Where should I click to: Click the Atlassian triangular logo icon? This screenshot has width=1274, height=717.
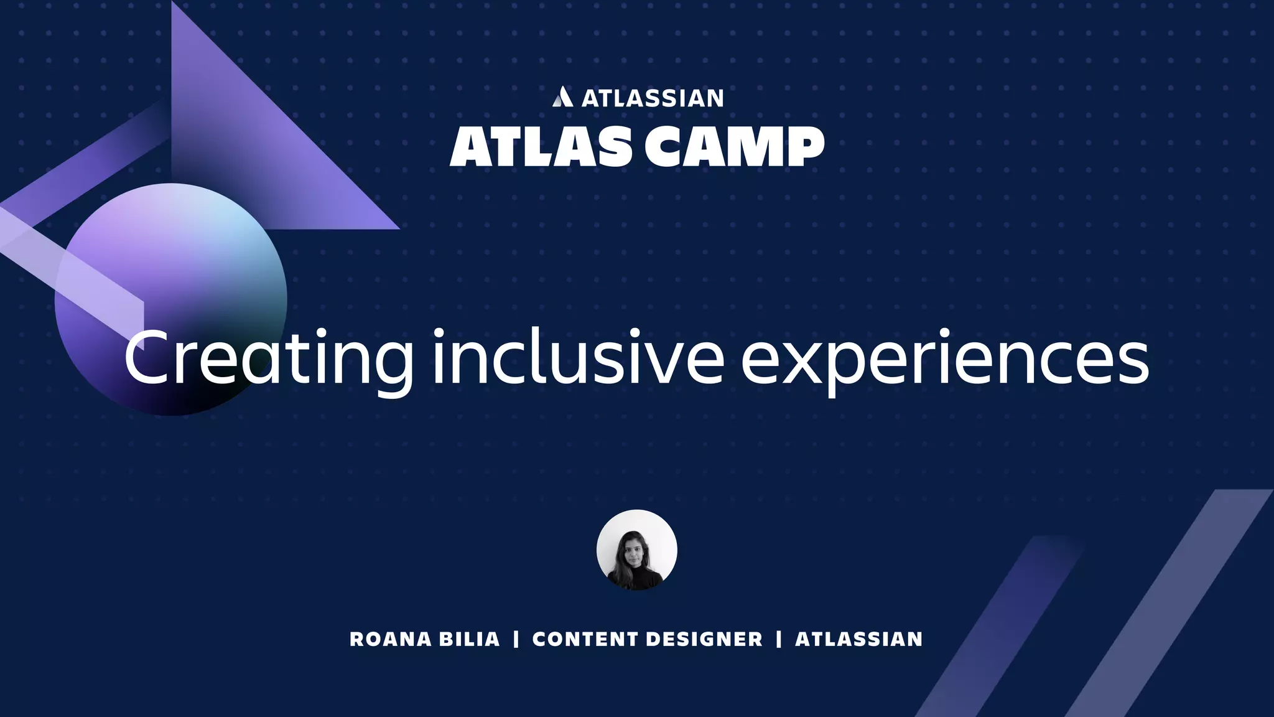(x=562, y=97)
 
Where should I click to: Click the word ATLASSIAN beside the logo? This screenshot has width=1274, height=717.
(x=652, y=98)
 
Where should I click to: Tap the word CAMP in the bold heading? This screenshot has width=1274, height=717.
(x=734, y=147)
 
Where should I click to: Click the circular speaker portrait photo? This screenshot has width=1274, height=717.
(x=636, y=550)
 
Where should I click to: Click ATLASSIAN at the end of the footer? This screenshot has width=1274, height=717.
(x=859, y=639)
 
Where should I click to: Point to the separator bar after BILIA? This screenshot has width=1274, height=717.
(x=516, y=639)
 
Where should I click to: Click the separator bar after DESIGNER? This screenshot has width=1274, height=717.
(x=779, y=639)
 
